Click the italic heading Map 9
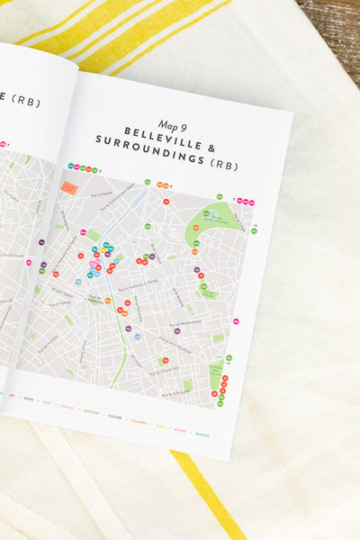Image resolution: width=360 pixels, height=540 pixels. point(178,124)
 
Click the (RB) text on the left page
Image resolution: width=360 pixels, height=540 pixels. point(25,101)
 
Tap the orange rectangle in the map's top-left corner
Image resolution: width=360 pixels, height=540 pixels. point(69,188)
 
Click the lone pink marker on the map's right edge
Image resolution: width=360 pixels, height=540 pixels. point(236,321)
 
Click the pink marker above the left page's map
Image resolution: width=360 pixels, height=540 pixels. point(3,143)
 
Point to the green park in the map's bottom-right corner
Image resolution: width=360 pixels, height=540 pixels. point(215,373)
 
